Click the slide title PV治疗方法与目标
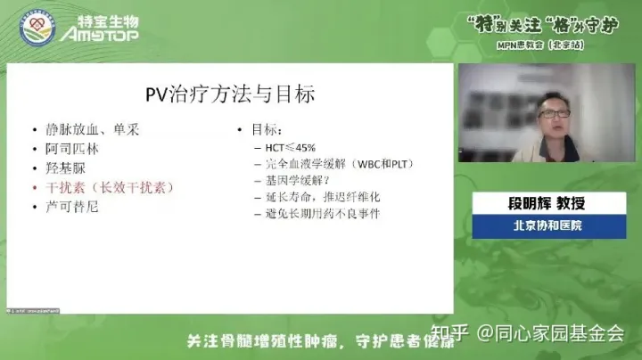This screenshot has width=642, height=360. [230, 93]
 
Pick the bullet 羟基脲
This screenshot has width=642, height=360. [62, 168]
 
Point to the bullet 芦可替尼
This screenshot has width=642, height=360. [68, 208]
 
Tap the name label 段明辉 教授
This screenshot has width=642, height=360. [547, 204]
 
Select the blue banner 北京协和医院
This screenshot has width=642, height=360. [547, 226]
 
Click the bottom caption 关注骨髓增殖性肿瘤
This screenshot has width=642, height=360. [259, 342]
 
